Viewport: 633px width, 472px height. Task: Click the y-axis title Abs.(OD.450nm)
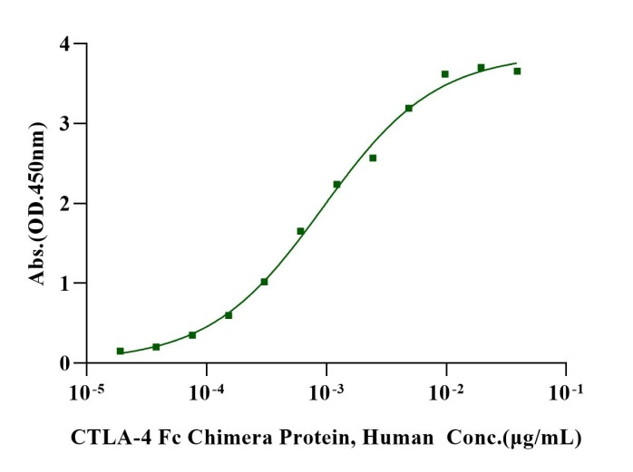pyautogui.click(x=39, y=204)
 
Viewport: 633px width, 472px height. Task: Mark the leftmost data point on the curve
pyautogui.click(x=120, y=351)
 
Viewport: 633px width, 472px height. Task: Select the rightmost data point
pyautogui.click(x=517, y=71)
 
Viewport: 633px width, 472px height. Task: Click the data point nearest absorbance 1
pyautogui.click(x=264, y=282)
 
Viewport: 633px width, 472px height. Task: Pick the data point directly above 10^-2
pyautogui.click(x=444, y=74)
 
